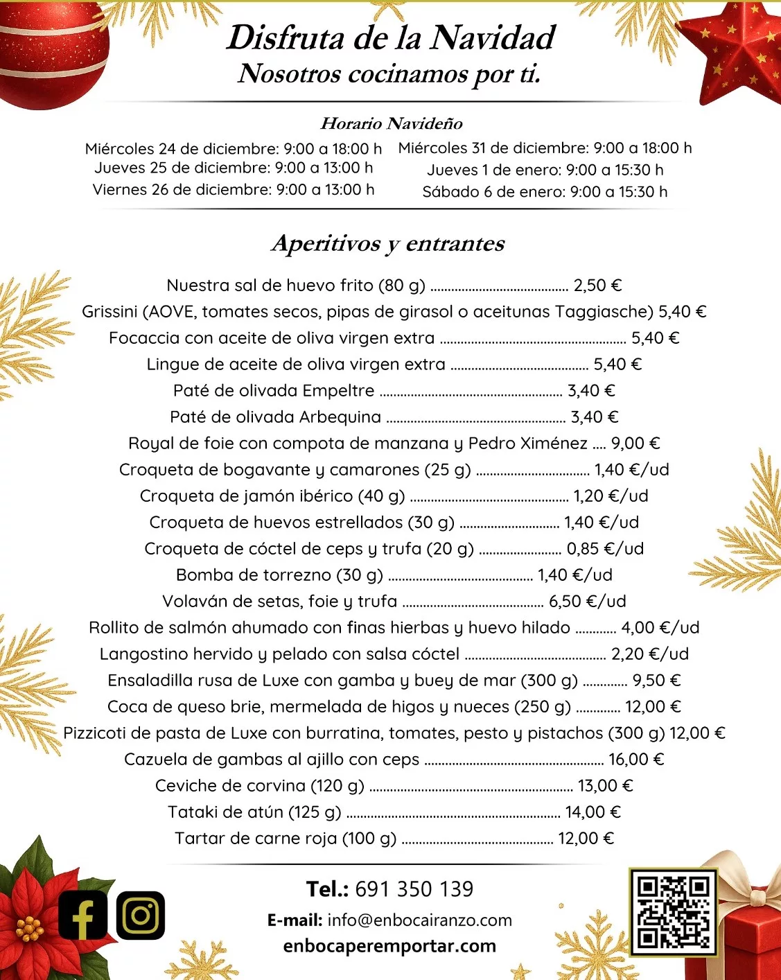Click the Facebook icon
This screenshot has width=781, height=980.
coord(83,915)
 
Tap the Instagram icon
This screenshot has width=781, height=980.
coord(141,915)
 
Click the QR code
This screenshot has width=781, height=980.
coord(674,911)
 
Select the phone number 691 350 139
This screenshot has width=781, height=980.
coord(414,889)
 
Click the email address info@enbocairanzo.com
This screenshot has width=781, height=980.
coord(419,920)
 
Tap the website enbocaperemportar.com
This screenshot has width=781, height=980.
coord(389,946)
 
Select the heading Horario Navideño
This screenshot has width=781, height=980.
coord(391,123)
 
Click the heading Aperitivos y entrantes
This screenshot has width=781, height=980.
coord(388,243)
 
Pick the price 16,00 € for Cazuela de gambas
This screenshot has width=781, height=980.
coord(636,760)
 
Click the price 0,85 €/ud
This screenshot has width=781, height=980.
coord(605,549)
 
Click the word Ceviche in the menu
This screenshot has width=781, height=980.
coord(181,786)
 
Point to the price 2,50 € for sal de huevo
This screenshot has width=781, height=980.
coord(597,286)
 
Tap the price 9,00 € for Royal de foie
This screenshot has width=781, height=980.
coord(635,444)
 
